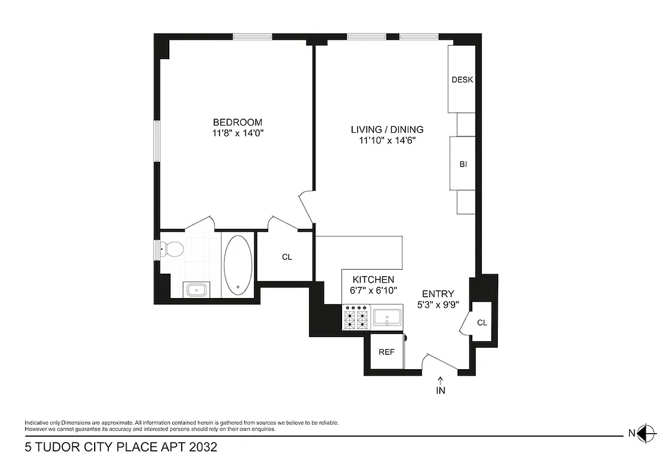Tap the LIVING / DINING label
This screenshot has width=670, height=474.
387,129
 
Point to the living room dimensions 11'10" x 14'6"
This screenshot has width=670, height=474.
387,140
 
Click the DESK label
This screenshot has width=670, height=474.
462,80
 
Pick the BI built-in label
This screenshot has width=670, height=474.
463,164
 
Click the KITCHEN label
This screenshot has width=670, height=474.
373,280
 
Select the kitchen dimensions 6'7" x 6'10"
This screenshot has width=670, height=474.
373,290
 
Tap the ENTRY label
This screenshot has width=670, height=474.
438,294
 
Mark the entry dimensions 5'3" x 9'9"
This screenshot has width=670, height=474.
438,305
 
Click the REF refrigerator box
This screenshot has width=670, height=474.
386,351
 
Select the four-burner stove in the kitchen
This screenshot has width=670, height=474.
356,318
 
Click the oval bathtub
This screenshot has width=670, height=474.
238,265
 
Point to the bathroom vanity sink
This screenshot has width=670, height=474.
195,290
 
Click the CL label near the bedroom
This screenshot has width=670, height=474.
287,257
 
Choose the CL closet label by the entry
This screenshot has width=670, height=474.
482,323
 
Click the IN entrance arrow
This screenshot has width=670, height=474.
440,386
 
